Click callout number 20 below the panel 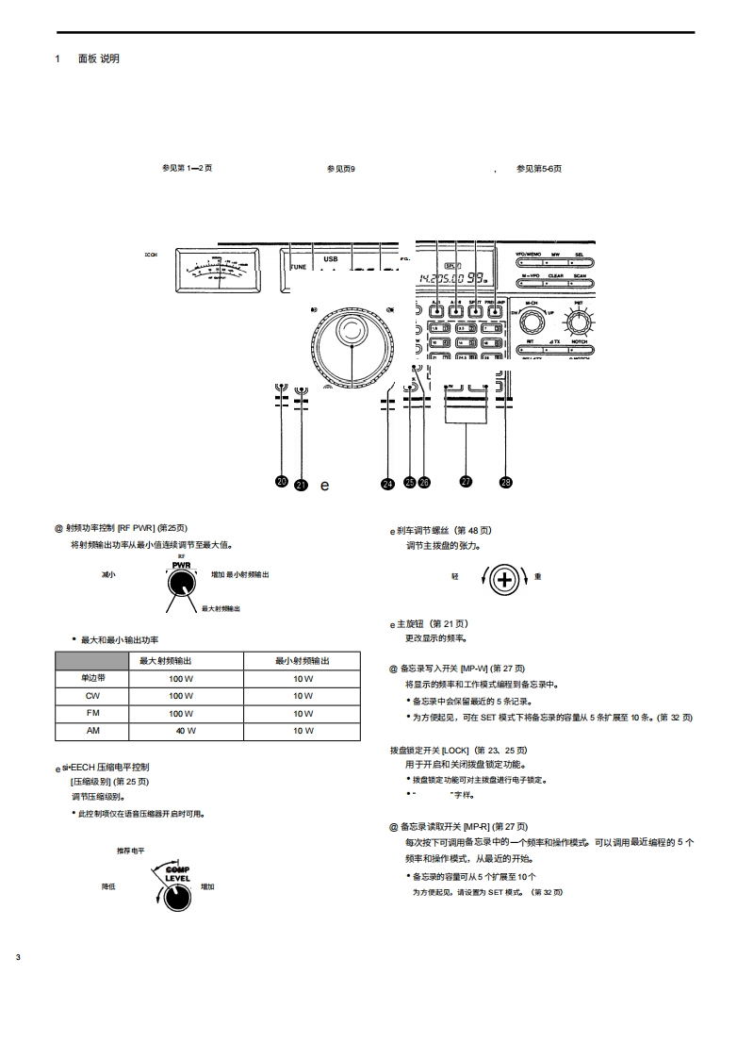(282, 481)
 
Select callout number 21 (302, 485)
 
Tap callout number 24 (388, 484)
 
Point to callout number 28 (506, 482)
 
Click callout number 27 (466, 481)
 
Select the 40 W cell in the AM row (185, 731)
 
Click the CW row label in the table (92, 696)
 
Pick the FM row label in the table (92, 714)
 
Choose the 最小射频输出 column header (303, 661)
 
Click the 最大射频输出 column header (167, 661)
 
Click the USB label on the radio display (331, 257)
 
